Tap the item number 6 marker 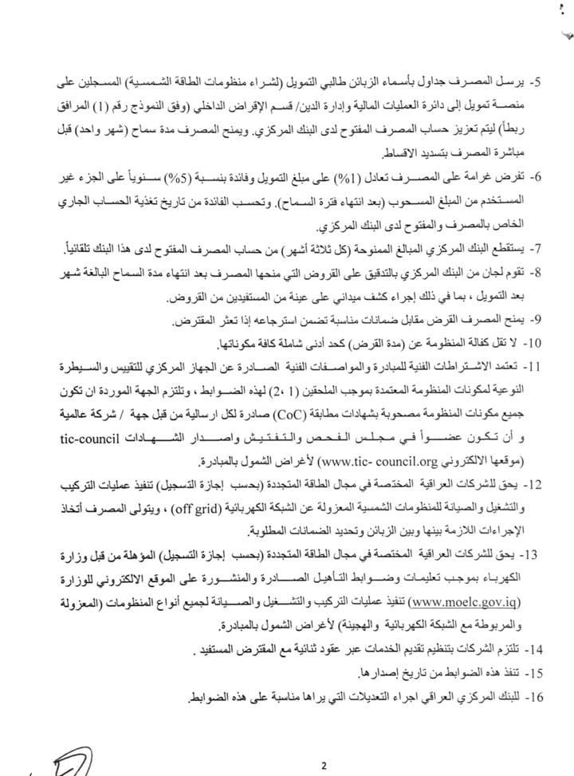[x=538, y=175]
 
